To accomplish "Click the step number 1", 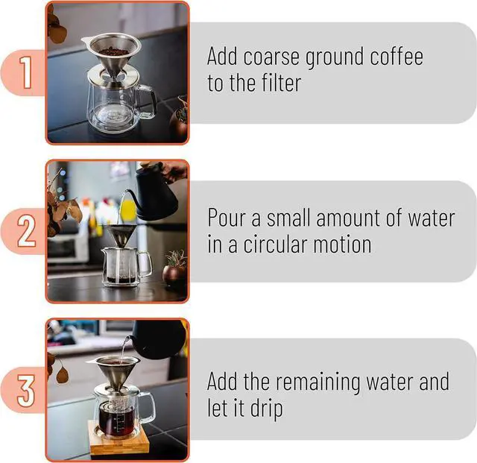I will pyautogui.click(x=25, y=74).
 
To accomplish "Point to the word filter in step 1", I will pyautogui.click(x=280, y=83).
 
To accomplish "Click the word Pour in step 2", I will pyautogui.click(x=228, y=218).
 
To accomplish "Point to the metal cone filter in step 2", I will pyautogui.click(x=119, y=236).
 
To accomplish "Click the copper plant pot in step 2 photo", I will pyautogui.click(x=174, y=275).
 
